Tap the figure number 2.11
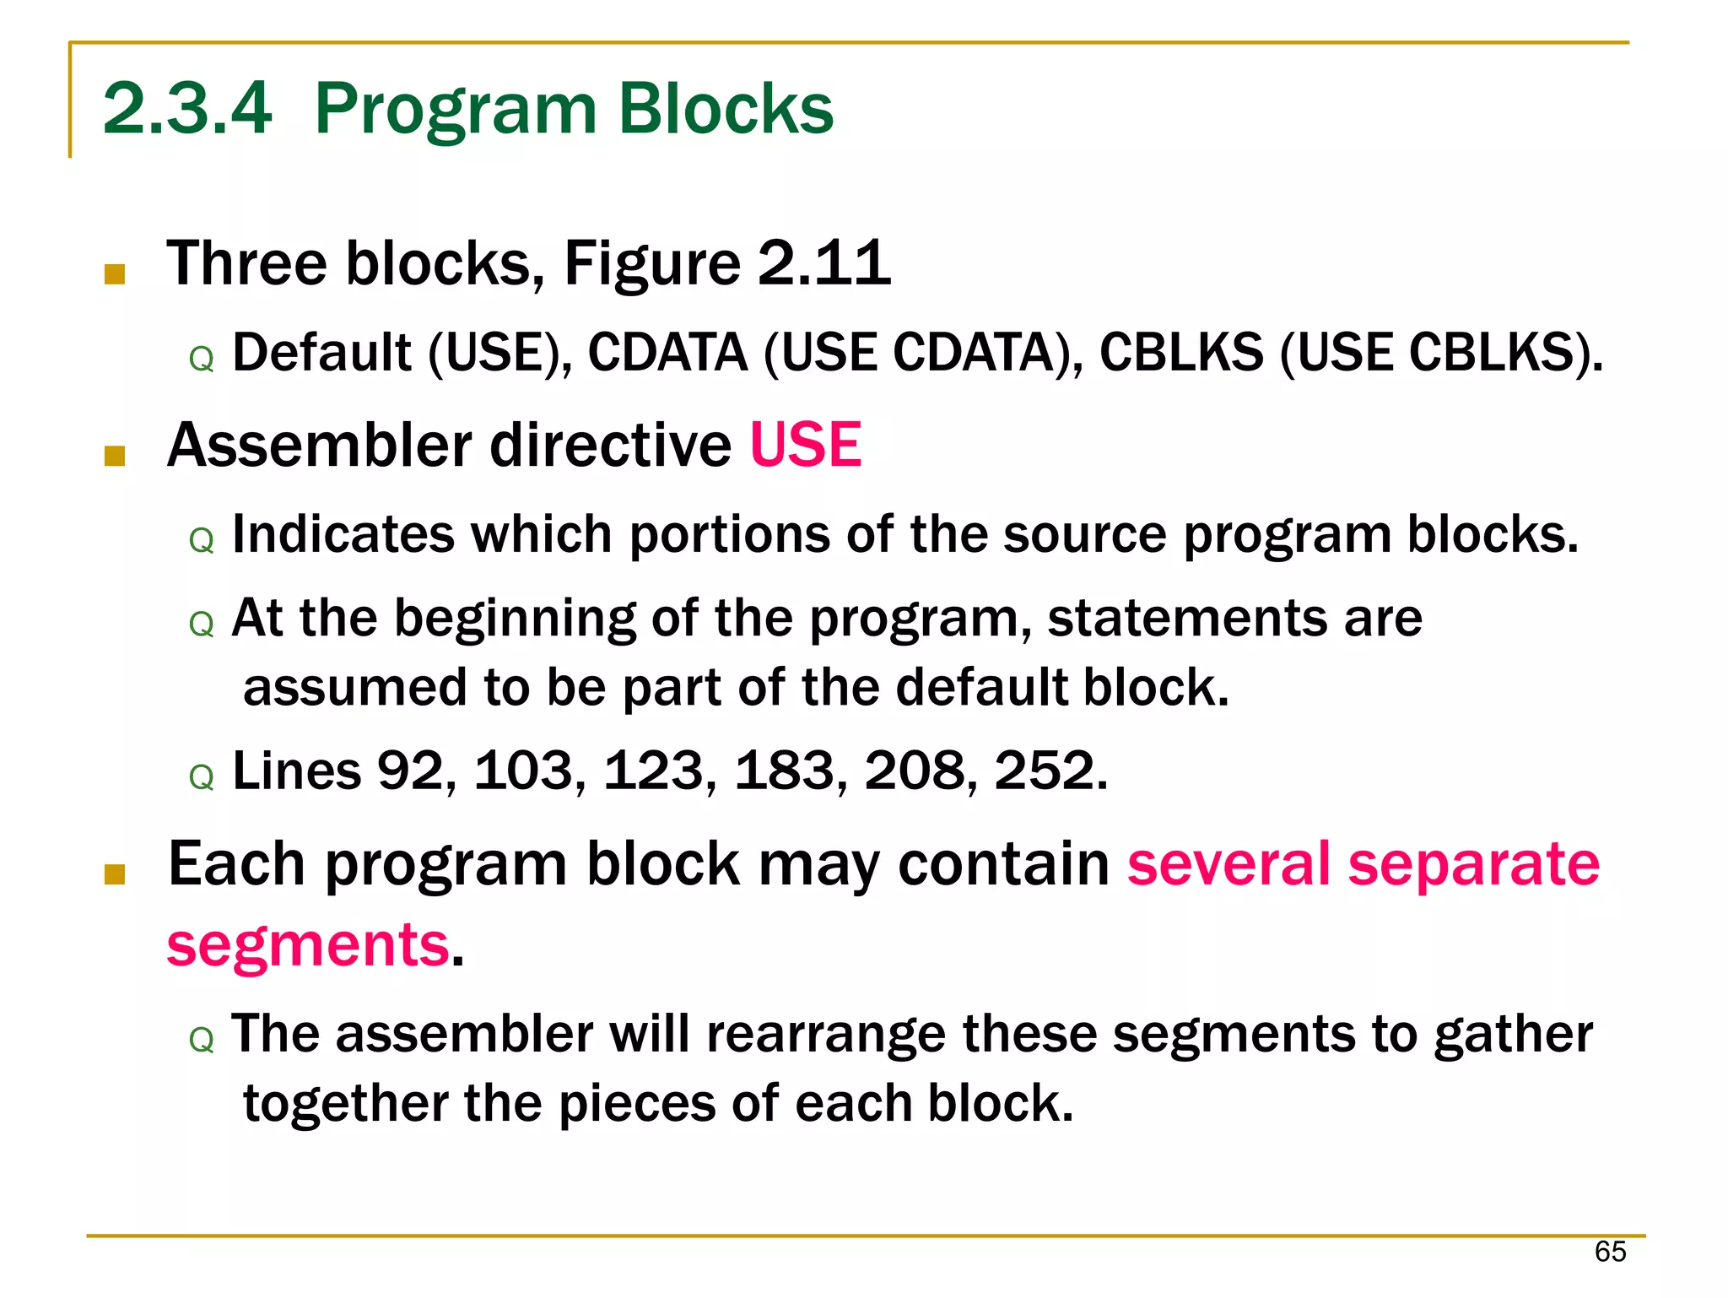[x=823, y=263]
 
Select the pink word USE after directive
[x=806, y=445]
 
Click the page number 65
[x=1610, y=1252]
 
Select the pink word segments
[x=308, y=945]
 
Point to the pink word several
[x=1228, y=864]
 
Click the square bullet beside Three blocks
[x=115, y=273]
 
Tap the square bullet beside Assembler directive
[x=115, y=456]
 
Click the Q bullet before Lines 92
[x=202, y=777]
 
